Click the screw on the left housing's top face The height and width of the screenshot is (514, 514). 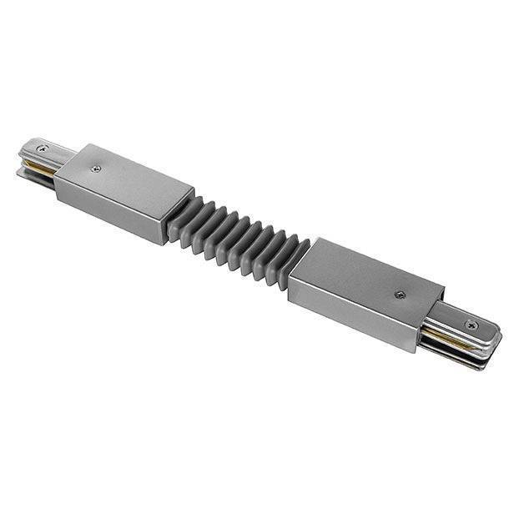click(x=98, y=168)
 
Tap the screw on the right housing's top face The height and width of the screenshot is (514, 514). click(x=401, y=294)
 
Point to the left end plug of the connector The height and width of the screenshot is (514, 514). click(x=42, y=159)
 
